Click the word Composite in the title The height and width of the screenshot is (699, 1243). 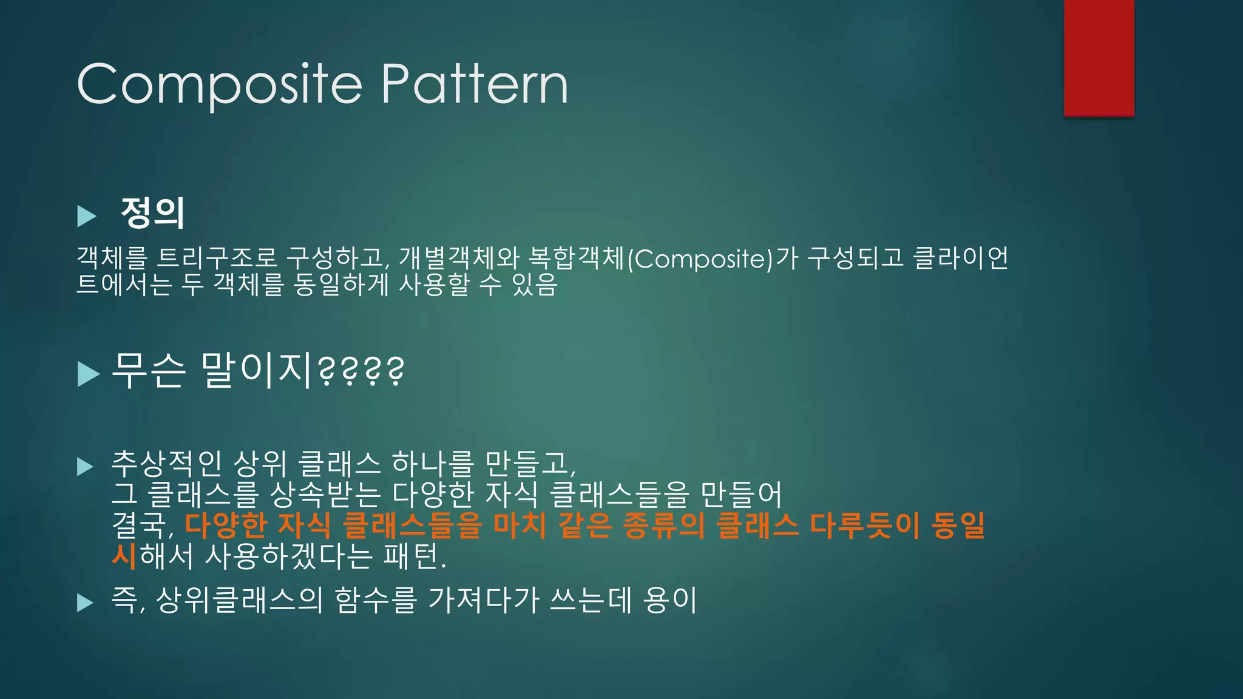[x=220, y=84]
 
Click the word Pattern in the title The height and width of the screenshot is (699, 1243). [x=475, y=84]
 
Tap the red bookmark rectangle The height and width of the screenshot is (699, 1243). [x=1099, y=58]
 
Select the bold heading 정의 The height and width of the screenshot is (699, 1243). [x=153, y=212]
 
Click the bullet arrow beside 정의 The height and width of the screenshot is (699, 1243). [x=87, y=216]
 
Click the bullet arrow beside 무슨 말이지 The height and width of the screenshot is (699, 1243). [x=88, y=374]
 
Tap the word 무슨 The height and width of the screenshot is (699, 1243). [x=148, y=370]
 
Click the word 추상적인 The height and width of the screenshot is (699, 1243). [x=166, y=464]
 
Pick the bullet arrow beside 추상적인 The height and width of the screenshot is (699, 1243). [x=86, y=467]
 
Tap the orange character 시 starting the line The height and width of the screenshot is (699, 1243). [x=124, y=556]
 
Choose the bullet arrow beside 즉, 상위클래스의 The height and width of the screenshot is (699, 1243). [x=86, y=603]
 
